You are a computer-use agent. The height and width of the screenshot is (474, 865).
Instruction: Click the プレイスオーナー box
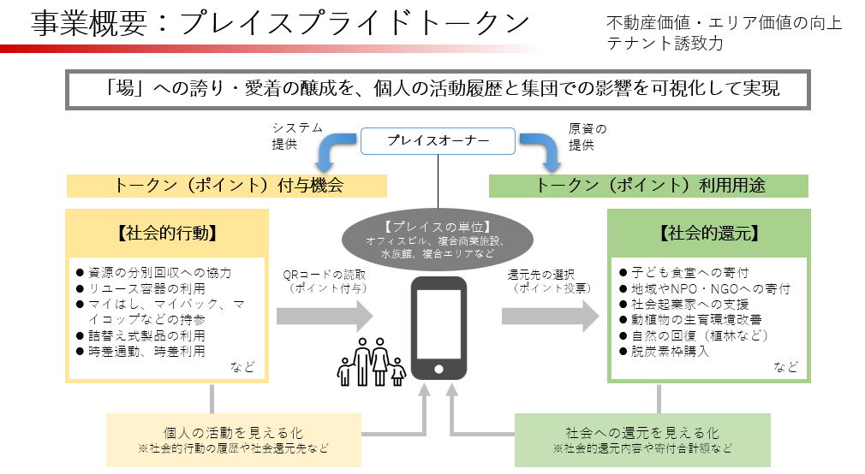tap(438, 141)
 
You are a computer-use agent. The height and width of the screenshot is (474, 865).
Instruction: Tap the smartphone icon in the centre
tap(438, 328)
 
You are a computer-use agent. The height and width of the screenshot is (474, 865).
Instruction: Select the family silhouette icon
tap(372, 361)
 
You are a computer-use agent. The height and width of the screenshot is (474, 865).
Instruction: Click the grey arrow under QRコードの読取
tap(325, 315)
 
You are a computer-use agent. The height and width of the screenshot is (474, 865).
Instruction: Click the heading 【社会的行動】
tap(166, 233)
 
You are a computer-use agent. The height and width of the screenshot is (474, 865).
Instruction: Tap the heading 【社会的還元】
tap(707, 233)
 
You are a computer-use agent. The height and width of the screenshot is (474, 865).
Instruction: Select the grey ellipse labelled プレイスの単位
tap(437, 240)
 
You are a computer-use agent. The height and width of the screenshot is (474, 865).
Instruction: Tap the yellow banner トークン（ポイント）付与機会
tap(226, 185)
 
